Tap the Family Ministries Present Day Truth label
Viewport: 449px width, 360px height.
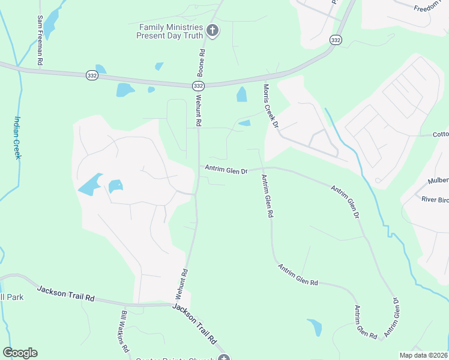172,31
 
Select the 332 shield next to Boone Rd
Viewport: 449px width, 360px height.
197,86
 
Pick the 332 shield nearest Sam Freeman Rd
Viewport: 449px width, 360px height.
92,75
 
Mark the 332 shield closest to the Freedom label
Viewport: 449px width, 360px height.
336,40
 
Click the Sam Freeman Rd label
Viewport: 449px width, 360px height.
40,41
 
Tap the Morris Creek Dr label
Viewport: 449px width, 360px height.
270,106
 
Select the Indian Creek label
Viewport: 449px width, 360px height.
17,137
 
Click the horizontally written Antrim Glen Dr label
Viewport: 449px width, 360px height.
226,170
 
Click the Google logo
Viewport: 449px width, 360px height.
20,353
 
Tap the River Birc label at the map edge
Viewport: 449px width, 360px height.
435,199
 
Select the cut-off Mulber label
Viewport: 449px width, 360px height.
438,180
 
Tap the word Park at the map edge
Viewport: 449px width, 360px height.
10,298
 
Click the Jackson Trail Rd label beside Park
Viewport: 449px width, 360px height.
66,293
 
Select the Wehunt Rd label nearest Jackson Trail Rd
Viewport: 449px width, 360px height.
182,284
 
